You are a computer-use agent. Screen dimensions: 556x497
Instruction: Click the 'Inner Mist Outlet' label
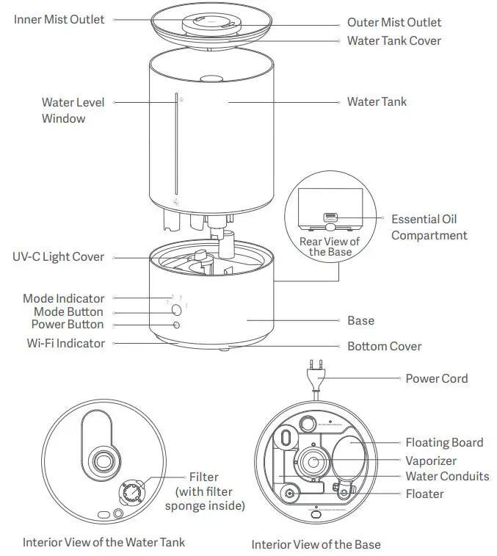(x=59, y=19)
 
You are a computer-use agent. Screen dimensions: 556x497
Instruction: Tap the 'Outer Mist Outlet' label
(x=394, y=23)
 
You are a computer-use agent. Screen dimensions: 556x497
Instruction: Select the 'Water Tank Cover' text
(x=393, y=40)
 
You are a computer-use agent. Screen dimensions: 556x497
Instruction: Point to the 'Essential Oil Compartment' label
(x=429, y=228)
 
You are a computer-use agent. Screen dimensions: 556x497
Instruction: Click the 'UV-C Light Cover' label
(x=58, y=257)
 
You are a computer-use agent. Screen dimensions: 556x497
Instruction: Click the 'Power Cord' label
(x=436, y=378)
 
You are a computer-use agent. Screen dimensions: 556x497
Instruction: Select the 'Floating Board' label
(x=444, y=442)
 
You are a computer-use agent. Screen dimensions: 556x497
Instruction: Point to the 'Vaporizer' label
(x=431, y=461)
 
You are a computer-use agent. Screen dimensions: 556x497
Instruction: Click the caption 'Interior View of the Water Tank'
(x=104, y=542)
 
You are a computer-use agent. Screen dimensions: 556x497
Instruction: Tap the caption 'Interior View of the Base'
(x=316, y=544)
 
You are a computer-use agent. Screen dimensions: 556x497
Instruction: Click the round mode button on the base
(x=176, y=308)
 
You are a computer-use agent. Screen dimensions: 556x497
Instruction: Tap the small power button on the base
(x=176, y=325)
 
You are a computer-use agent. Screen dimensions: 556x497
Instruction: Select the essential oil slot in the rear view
(x=329, y=217)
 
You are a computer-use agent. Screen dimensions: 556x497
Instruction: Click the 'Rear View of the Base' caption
(x=330, y=247)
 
